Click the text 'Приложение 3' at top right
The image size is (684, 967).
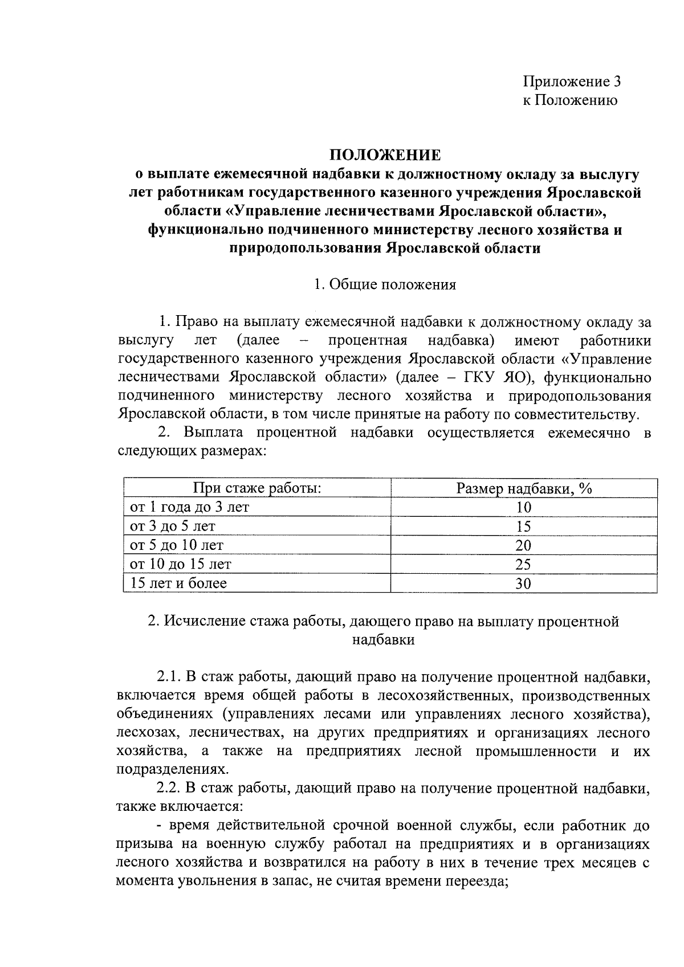coord(572,81)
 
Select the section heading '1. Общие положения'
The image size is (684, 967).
coord(385,285)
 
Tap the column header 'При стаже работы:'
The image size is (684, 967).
coord(257,488)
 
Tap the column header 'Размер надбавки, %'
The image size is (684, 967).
coord(524,488)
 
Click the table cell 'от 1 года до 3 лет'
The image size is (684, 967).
coord(189,507)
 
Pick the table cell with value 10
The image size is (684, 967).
coord(523,508)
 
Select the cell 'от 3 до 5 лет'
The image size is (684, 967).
coord(173,526)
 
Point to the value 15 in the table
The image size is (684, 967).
coord(523,527)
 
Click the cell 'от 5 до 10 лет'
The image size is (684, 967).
coord(177,545)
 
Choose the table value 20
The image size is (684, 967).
coord(523,546)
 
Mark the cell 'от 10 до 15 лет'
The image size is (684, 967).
coord(181,564)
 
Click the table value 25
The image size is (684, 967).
coord(523,565)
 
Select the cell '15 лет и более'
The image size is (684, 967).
coord(178,583)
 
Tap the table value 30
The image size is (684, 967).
coord(523,584)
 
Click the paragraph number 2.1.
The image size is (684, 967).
coord(168,677)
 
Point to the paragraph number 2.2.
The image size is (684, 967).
coord(168,789)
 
